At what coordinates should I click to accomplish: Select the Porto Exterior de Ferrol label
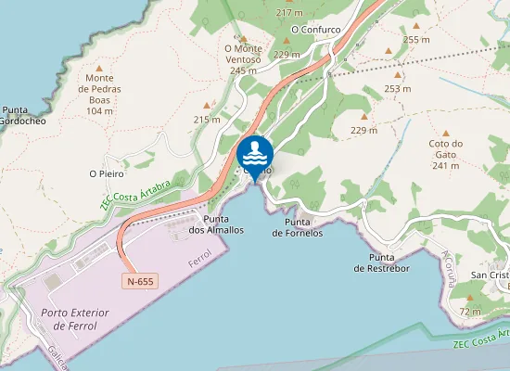click(75, 318)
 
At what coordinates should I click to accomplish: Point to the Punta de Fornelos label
click(298, 228)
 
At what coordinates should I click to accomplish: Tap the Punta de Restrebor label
click(382, 262)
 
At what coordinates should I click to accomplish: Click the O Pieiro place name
click(107, 173)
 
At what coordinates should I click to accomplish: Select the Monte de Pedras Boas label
click(106, 94)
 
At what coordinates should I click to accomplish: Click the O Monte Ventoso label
click(243, 58)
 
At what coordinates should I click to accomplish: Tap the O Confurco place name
click(316, 30)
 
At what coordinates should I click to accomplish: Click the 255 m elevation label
click(417, 40)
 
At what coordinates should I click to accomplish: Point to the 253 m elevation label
click(398, 89)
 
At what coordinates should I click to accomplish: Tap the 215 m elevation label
click(207, 120)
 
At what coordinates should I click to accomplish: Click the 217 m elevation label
click(289, 13)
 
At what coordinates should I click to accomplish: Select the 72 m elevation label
click(471, 312)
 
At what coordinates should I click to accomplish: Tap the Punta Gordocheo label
click(17, 115)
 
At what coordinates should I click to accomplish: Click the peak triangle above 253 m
click(398, 75)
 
